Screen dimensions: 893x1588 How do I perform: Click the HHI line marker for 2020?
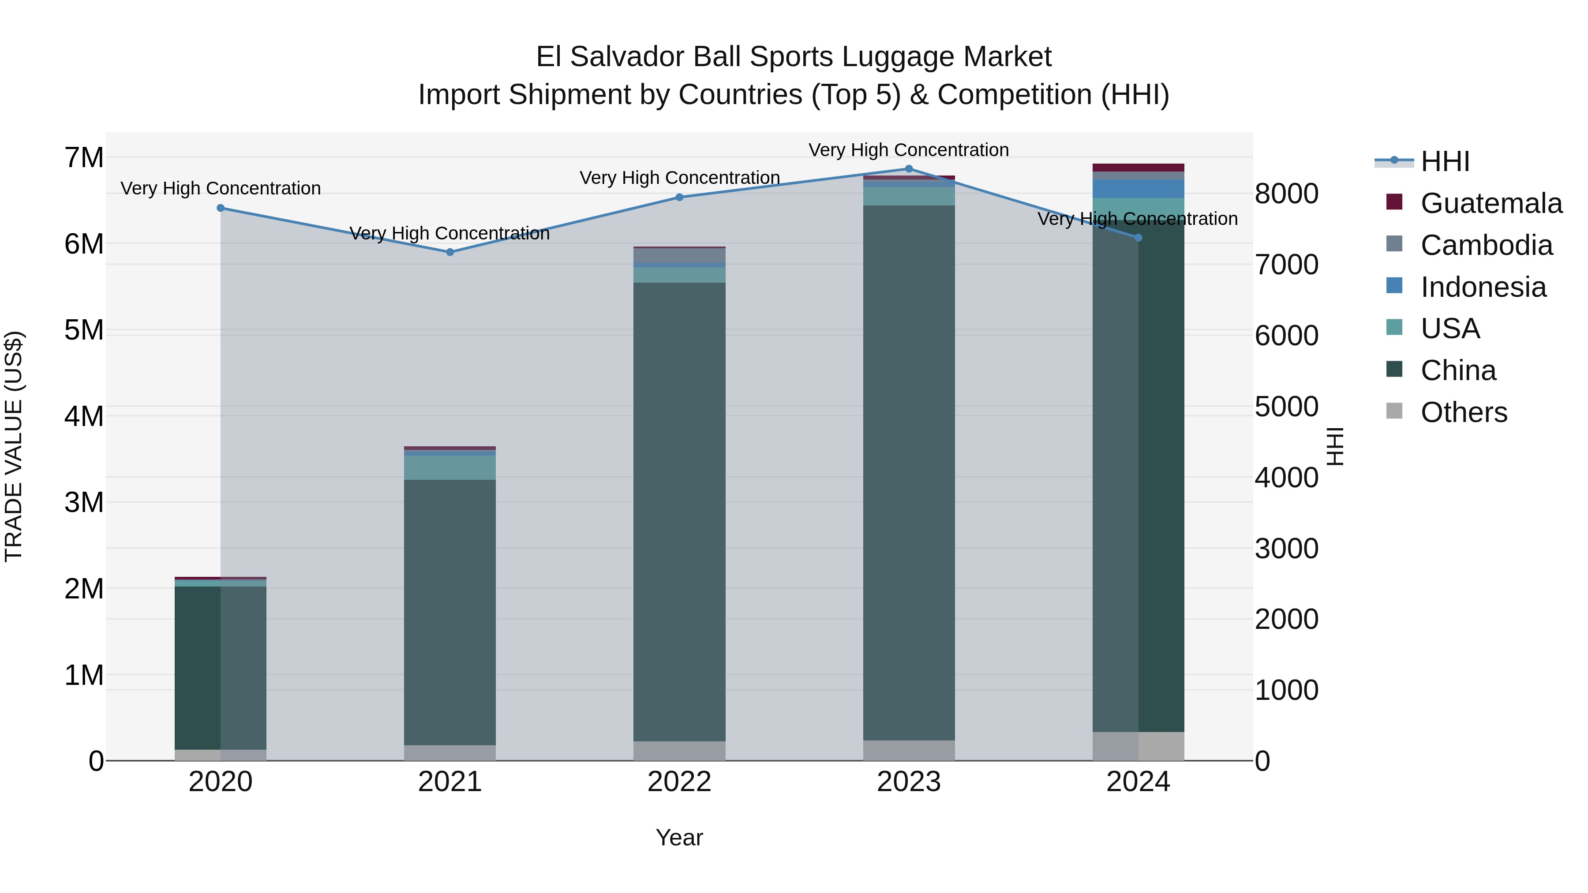[x=221, y=208]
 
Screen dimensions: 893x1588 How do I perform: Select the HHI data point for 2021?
[x=450, y=252]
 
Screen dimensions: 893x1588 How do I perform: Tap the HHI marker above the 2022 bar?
[x=679, y=197]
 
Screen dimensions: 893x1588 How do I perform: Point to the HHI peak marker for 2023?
[x=909, y=169]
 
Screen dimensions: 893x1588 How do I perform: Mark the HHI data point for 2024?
[x=1138, y=238]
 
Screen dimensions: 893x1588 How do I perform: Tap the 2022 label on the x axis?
[x=679, y=782]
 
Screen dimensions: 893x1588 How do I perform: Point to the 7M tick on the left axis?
[x=84, y=158]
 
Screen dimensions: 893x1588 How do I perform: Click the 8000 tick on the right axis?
[x=1287, y=194]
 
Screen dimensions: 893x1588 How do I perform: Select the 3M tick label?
[x=84, y=502]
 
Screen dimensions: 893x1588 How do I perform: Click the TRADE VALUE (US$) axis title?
[x=14, y=446]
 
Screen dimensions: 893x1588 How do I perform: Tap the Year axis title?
[x=679, y=837]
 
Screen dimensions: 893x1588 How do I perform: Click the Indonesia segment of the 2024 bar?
[x=1138, y=189]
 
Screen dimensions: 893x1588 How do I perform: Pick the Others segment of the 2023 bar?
[x=909, y=750]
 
